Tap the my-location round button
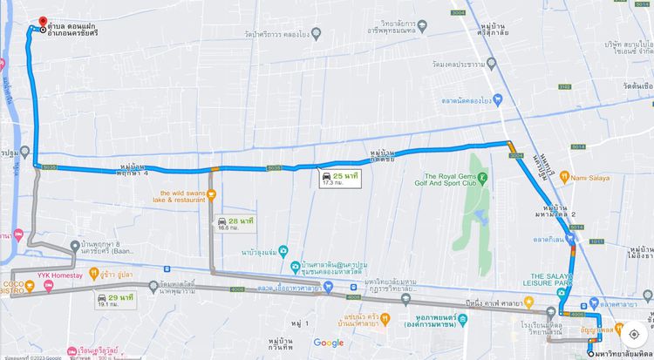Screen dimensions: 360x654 click(x=633, y=333)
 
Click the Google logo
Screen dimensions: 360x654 click(x=329, y=343)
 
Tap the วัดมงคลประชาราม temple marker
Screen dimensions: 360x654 click(x=491, y=64)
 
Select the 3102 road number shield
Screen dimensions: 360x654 click(x=565, y=87)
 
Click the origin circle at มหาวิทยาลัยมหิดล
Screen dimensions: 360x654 click(x=590, y=353)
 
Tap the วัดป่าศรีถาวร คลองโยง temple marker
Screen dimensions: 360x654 click(x=316, y=34)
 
